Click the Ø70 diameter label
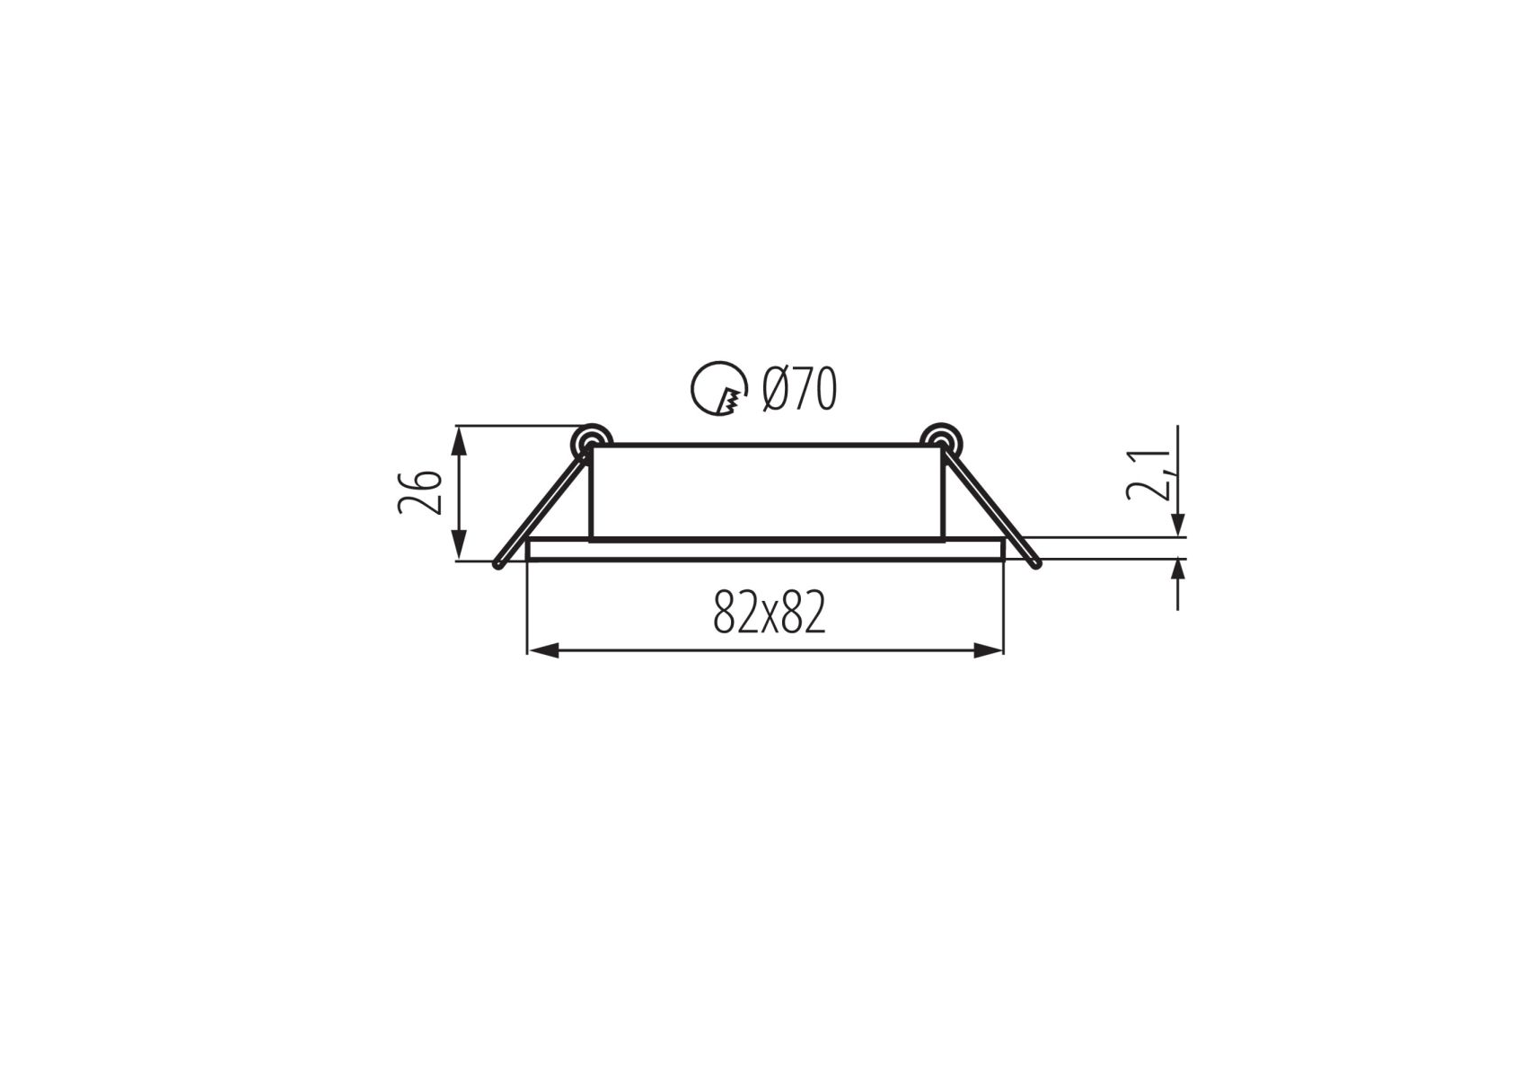(x=799, y=389)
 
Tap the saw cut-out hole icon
(x=719, y=388)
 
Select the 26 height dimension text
(x=420, y=492)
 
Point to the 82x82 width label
(x=769, y=613)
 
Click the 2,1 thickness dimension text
(x=1149, y=474)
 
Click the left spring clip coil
(x=591, y=439)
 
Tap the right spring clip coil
(x=941, y=439)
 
